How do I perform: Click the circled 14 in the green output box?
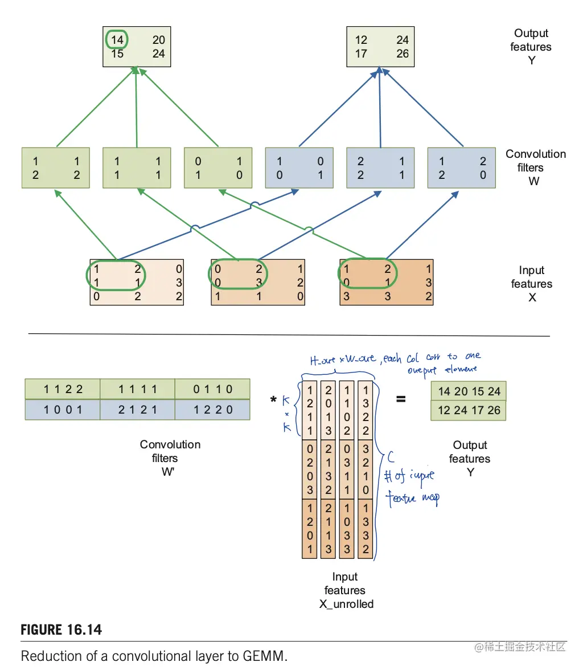click(116, 40)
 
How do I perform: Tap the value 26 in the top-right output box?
click(403, 54)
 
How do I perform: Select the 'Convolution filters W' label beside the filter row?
click(535, 167)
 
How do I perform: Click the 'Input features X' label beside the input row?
click(531, 284)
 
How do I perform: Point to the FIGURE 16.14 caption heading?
click(61, 630)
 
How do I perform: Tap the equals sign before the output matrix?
click(401, 399)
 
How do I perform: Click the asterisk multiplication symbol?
click(274, 401)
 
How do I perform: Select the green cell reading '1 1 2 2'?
click(63, 390)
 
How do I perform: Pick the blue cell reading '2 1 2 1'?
click(137, 410)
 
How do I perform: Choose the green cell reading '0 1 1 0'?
click(212, 390)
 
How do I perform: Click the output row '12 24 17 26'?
click(469, 410)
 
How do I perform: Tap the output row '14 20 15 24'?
click(469, 392)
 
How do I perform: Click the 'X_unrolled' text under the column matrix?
click(346, 604)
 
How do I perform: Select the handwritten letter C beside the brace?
click(391, 456)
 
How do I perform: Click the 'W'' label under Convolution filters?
click(168, 472)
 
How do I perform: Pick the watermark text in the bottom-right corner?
click(520, 647)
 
